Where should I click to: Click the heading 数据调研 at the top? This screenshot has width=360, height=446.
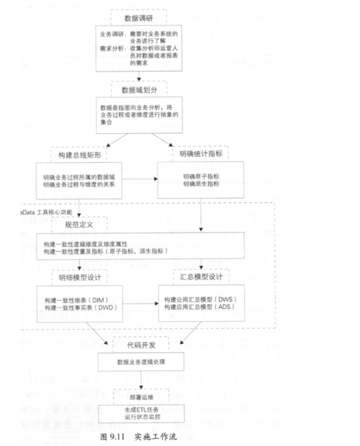(139, 18)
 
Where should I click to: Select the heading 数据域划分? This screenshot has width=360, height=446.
(139, 90)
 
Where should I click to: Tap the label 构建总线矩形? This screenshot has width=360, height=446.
(80, 155)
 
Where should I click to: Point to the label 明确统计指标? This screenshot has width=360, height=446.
(201, 154)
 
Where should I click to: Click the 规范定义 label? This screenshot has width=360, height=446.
(79, 225)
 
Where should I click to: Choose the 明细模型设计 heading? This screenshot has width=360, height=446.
(80, 277)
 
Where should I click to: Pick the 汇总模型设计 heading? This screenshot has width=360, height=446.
(201, 276)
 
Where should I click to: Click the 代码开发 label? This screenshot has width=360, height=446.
(141, 345)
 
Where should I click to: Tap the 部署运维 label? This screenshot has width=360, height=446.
(141, 397)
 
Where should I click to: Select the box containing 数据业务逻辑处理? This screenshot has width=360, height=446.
(141, 362)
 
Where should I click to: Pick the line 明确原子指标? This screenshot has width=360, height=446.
(201, 177)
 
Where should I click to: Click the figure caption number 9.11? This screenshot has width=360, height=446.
(117, 437)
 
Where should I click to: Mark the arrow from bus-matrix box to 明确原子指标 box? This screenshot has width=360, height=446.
(140, 179)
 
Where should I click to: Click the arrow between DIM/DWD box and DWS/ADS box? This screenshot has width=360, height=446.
(140, 304)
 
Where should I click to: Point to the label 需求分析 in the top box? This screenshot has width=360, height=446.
(112, 49)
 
